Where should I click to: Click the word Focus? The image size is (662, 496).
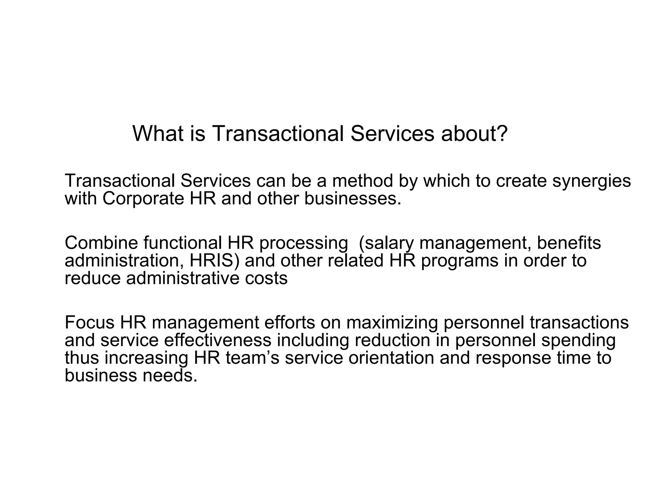point(90,322)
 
